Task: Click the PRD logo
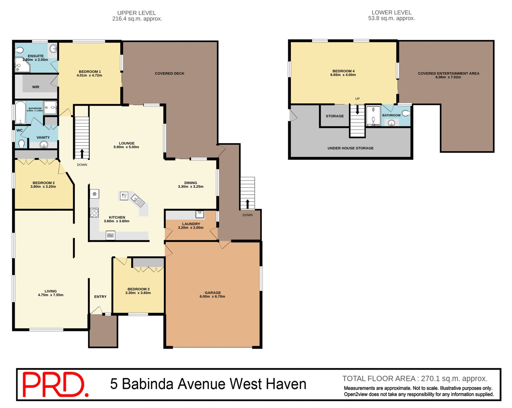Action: coord(54,384)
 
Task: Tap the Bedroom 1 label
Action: coord(90,72)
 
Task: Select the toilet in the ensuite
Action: coord(20,50)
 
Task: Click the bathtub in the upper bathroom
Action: coord(20,112)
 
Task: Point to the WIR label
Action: coord(36,87)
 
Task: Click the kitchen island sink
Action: coord(138,200)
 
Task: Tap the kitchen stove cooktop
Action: coord(94,213)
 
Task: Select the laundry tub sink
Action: coord(200,214)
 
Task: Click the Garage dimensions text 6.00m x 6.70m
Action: coord(212,297)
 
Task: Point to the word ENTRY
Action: coord(100,297)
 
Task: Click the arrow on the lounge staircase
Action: coord(82,154)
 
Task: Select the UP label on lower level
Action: coord(357,99)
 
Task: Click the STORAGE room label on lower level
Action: coord(335,116)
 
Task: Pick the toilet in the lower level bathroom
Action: coord(406,113)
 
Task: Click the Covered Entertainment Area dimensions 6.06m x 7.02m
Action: coord(448,77)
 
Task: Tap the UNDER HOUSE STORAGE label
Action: coord(350,148)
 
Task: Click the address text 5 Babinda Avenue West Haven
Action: coord(208,384)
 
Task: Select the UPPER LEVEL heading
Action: coord(137,13)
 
